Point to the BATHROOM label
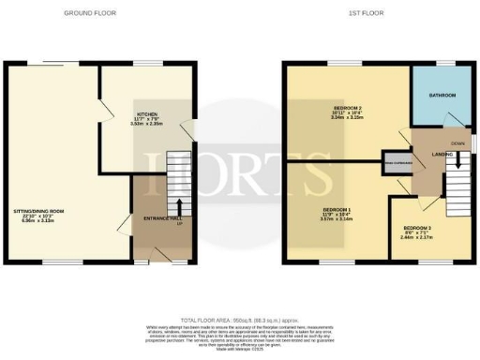(x=442, y=96)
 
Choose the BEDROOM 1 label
(x=335, y=211)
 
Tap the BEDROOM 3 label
(x=417, y=228)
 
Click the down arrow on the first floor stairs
(x=457, y=161)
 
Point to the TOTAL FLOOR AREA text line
(x=239, y=320)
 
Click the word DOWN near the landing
(x=457, y=143)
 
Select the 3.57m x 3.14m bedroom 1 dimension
(x=335, y=222)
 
